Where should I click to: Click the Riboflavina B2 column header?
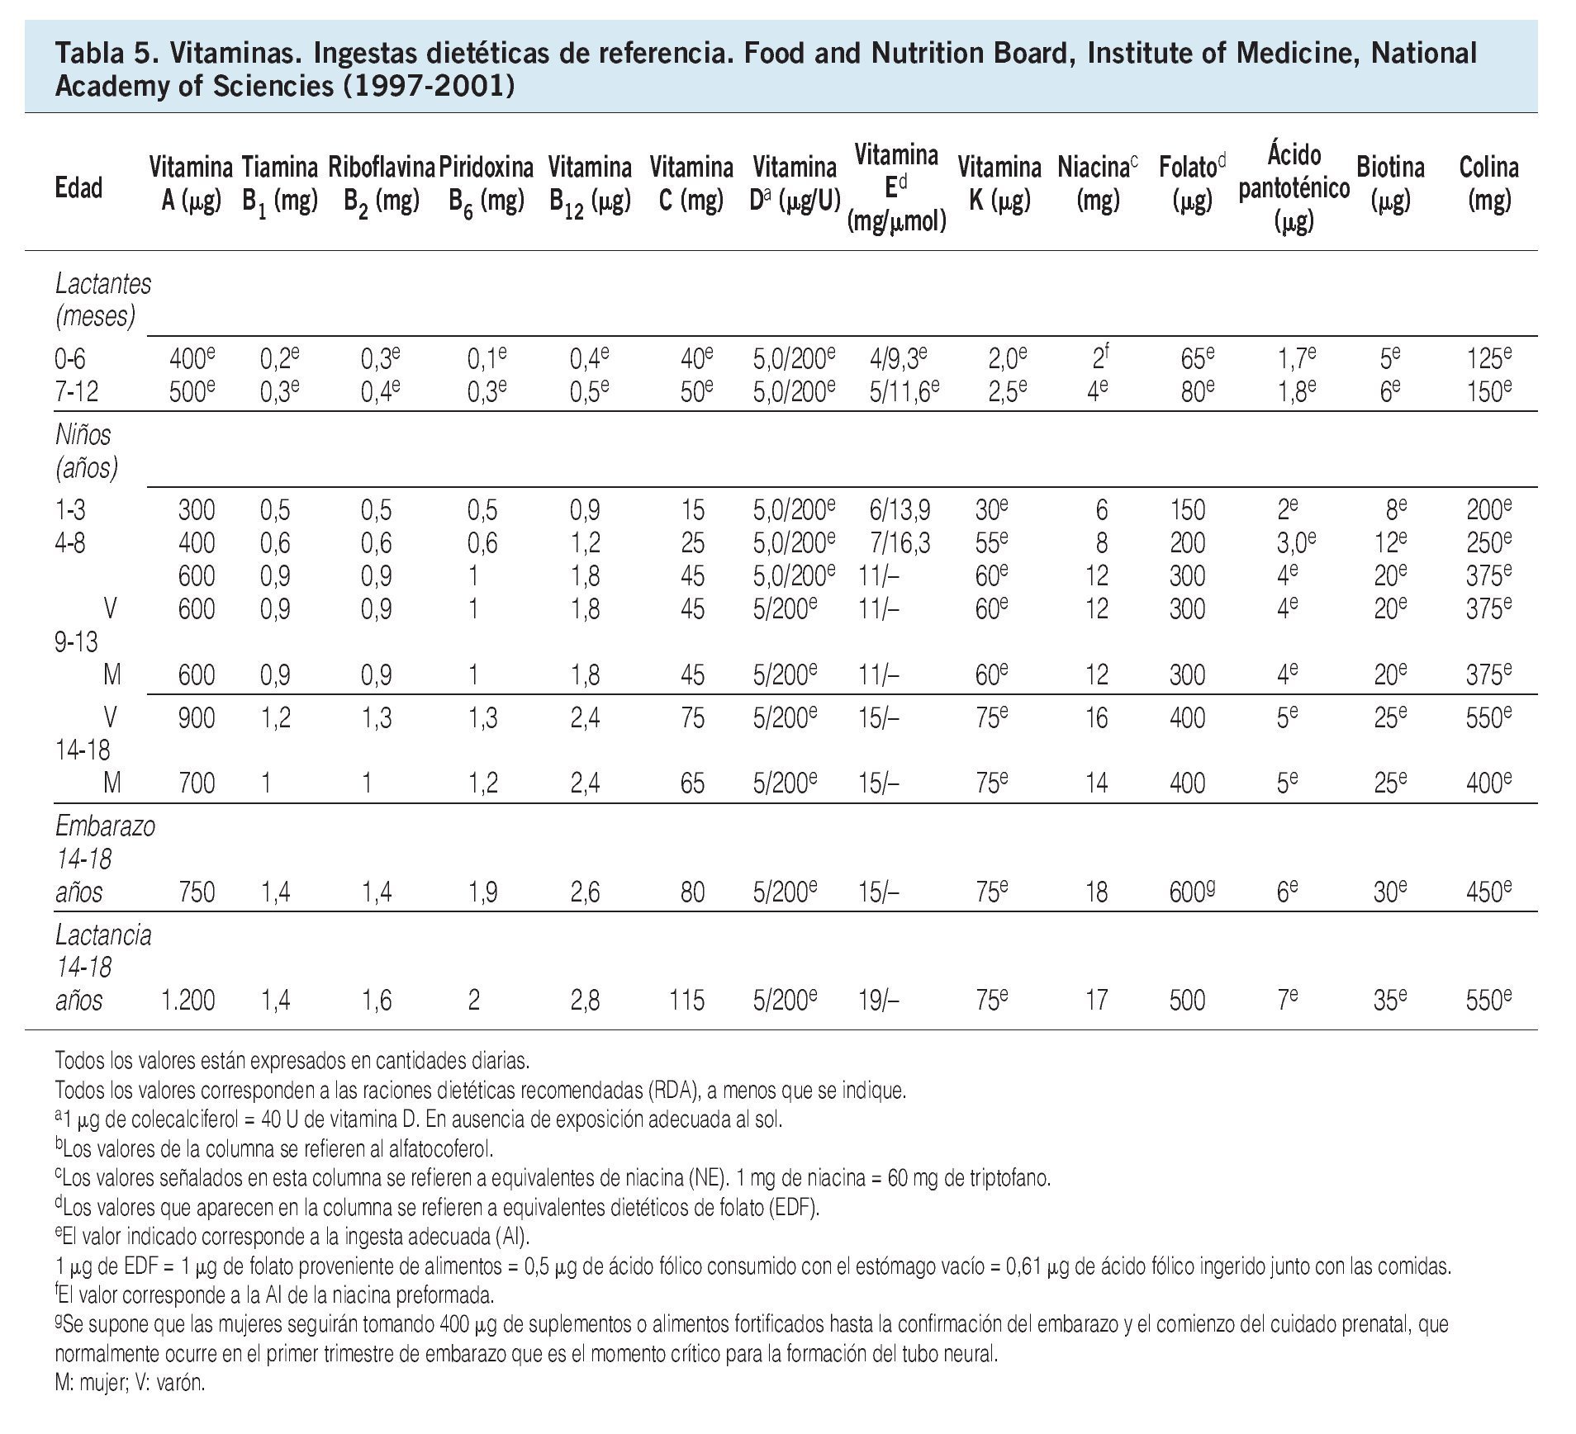pos(381,184)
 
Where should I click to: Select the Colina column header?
pos(1488,184)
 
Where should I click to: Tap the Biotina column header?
pos(1390,184)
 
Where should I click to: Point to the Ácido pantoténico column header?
pos(1294,188)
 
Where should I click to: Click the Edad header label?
pos(78,188)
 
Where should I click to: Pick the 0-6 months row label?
pos(70,360)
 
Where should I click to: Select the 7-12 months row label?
pos(76,392)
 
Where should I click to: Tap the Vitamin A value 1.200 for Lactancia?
pos(186,1001)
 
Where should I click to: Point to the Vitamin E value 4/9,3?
pos(898,360)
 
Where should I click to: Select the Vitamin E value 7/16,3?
pos(899,543)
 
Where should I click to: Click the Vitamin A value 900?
pos(197,718)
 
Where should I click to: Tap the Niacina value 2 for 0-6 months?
pos(1098,360)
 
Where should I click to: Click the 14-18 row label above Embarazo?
pos(83,750)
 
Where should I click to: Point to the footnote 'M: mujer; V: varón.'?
pos(130,1383)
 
